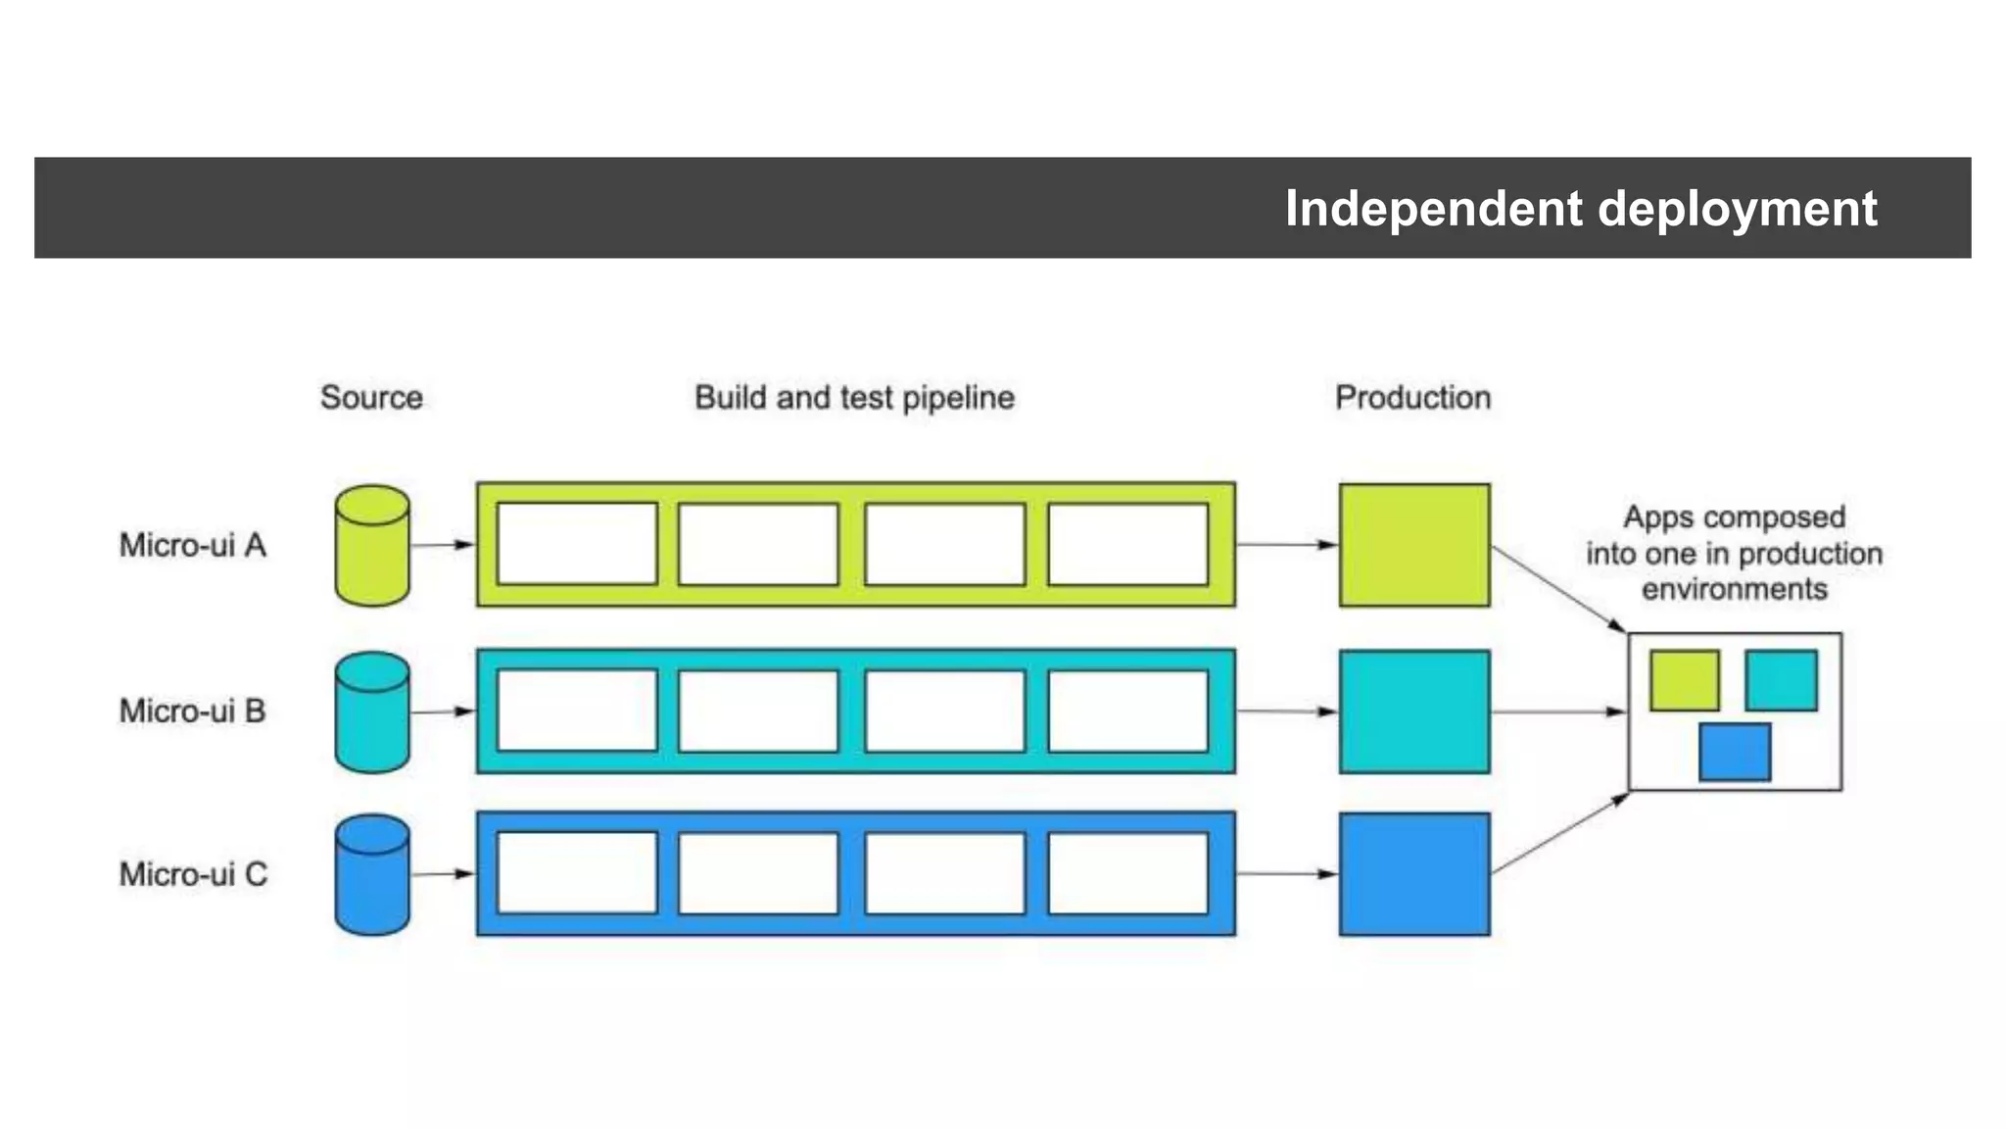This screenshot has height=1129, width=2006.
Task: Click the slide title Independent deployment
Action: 1580,209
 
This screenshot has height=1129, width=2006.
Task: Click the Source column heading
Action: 371,398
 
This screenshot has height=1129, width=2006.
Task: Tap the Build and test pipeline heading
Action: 854,398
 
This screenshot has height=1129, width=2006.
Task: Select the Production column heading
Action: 1412,398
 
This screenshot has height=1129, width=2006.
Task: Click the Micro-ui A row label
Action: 193,545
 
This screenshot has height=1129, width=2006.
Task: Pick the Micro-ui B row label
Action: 193,711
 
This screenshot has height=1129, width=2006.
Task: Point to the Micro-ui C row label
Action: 193,874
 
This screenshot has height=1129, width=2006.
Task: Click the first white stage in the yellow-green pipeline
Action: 577,545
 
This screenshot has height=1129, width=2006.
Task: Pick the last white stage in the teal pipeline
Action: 1127,712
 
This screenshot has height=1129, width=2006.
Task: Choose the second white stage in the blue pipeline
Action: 758,874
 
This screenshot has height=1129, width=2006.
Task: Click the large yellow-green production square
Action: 1414,545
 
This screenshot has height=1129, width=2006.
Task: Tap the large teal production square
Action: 1414,712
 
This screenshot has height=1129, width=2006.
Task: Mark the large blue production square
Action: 1414,874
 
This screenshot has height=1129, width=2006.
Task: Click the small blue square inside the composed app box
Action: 1735,753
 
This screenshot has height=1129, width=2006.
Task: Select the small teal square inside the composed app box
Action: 1781,680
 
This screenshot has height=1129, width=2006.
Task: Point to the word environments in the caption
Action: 1734,589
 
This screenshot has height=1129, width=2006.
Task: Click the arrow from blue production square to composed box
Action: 1559,834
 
